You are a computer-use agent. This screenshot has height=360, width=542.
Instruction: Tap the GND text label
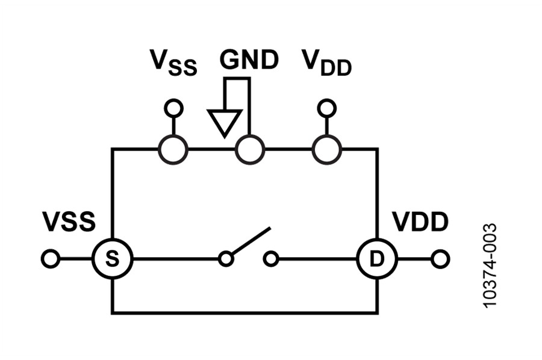click(x=249, y=60)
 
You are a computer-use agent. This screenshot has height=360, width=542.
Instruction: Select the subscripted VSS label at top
click(x=173, y=63)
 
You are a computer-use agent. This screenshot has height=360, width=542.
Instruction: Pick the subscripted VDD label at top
click(x=326, y=63)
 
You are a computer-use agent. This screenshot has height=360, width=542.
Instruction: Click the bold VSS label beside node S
click(x=69, y=222)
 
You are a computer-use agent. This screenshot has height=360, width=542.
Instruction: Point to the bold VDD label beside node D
click(x=420, y=222)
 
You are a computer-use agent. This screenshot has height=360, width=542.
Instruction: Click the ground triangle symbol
click(x=225, y=123)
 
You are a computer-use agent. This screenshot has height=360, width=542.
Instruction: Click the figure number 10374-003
click(x=490, y=265)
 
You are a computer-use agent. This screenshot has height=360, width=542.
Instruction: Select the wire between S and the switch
click(x=176, y=259)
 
